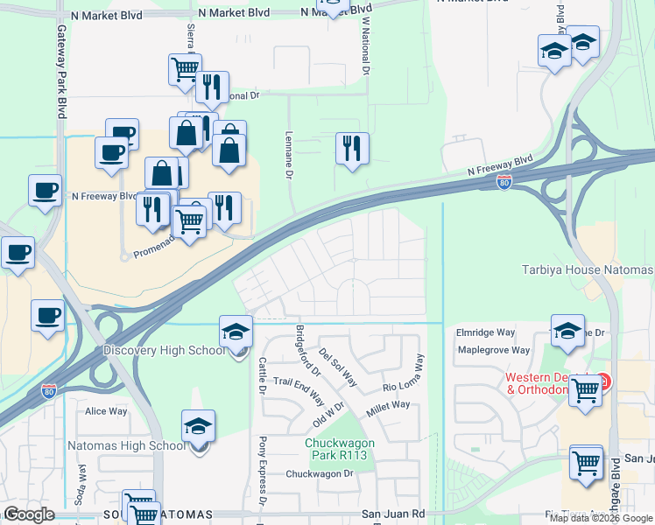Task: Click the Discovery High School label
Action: [x=165, y=351]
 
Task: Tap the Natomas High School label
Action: [x=127, y=446]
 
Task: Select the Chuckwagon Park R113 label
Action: [x=340, y=449]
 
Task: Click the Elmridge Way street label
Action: [x=485, y=332]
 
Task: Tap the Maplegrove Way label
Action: [x=493, y=350]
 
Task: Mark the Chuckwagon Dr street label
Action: [x=319, y=473]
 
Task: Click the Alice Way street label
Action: [x=106, y=411]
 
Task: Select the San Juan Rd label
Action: [x=393, y=514]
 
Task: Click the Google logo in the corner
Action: [x=29, y=514]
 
